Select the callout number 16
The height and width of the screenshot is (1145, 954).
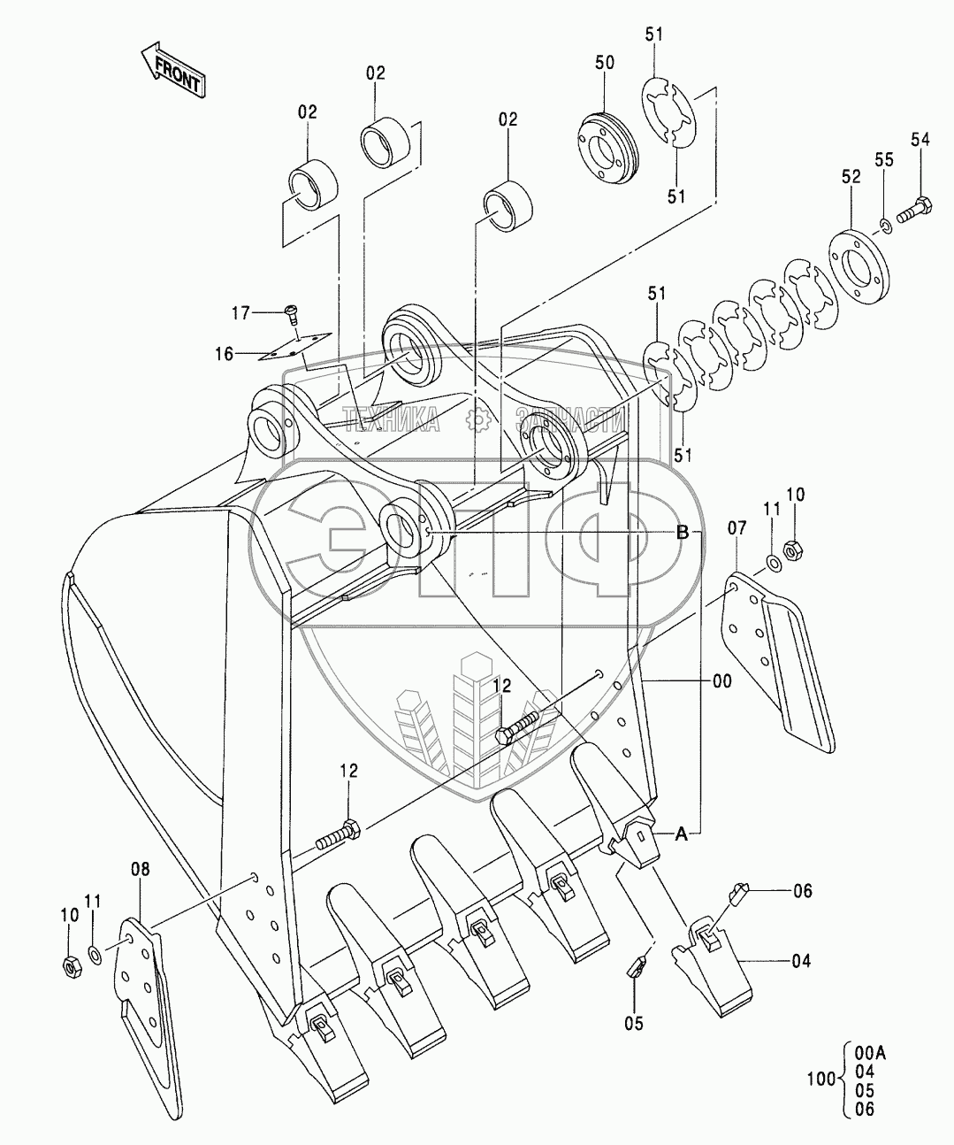tap(225, 354)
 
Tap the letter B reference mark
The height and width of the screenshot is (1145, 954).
tap(682, 533)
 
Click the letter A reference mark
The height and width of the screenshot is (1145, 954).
tap(681, 833)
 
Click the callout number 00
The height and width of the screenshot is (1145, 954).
tap(721, 680)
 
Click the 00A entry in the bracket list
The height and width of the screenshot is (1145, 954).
tap(872, 1052)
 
